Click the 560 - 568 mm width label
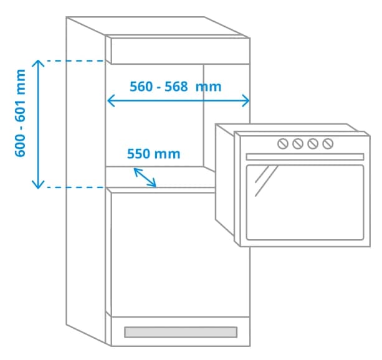click(175, 86)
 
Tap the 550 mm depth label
click(153, 154)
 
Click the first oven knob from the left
click(283, 144)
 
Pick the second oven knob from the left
click(298, 144)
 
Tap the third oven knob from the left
click(313, 144)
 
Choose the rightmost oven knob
click(328, 144)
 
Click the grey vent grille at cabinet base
click(181, 333)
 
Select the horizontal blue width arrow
click(179, 100)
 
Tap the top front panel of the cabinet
click(180, 50)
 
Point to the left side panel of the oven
click(224, 181)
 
